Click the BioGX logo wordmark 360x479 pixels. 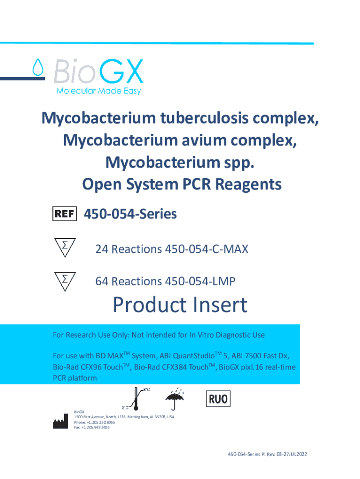98,72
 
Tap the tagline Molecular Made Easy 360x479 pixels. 99,91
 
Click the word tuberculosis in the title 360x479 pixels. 204,118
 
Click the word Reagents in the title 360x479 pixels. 248,184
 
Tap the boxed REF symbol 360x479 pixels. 65,213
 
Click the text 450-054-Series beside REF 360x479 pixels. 130,214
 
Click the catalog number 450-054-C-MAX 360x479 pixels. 207,249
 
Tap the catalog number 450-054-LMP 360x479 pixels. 200,281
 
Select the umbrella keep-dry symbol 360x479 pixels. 175,399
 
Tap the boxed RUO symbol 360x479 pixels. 218,399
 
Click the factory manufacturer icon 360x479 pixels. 60,421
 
